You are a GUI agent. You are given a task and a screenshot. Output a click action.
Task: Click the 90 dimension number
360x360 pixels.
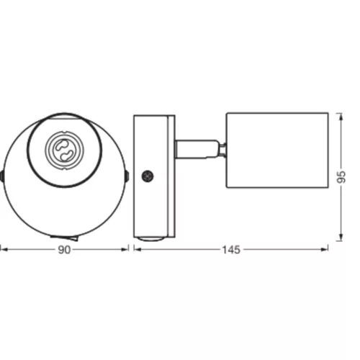pyautogui.click(x=64, y=250)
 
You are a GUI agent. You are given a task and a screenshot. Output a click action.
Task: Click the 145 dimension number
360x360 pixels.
pyautogui.click(x=231, y=250)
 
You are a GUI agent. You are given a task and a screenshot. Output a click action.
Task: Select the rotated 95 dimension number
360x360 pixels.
pyautogui.click(x=341, y=177)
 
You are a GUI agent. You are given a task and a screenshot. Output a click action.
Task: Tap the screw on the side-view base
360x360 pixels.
pyautogui.click(x=148, y=176)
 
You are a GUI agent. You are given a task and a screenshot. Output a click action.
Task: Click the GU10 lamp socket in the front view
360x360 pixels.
pyautogui.click(x=64, y=150)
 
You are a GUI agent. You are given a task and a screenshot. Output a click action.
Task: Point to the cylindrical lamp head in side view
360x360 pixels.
pyautogui.click(x=277, y=150)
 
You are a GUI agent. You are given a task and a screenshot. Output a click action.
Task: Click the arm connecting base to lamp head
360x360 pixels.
pyautogui.click(x=197, y=149)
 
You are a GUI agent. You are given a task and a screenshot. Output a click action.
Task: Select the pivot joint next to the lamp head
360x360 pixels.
pyautogui.click(x=222, y=149)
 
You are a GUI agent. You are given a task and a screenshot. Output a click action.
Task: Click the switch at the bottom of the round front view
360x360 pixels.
pyautogui.click(x=64, y=238)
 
